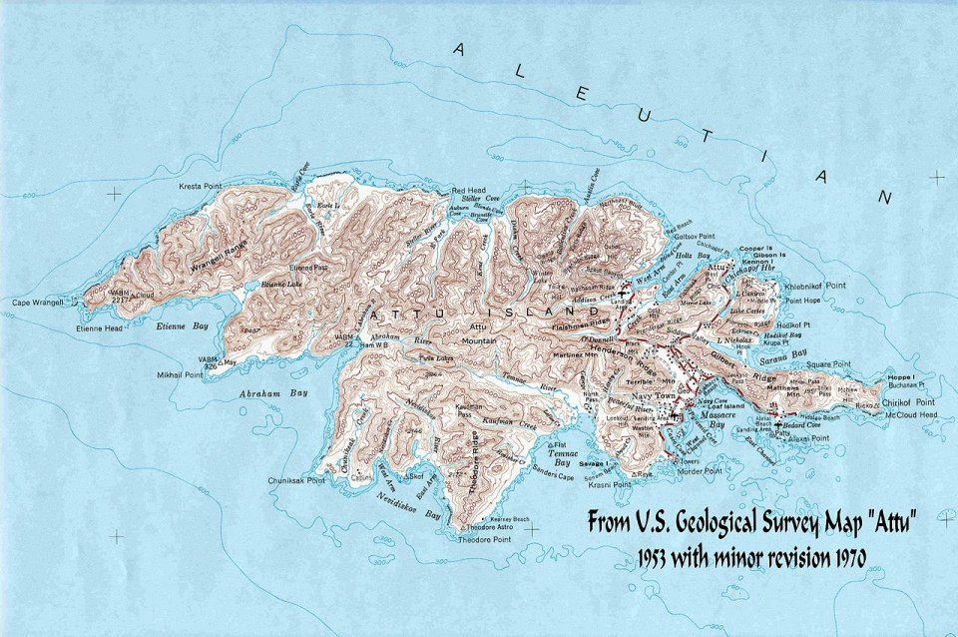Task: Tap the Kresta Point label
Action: (x=206, y=187)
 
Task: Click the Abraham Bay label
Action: (x=259, y=393)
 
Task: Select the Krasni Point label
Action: (x=609, y=484)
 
